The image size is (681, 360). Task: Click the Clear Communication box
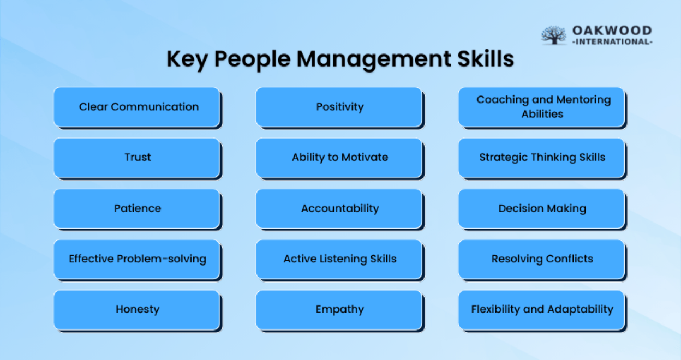tap(137, 107)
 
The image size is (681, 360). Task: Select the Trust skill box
tap(137, 158)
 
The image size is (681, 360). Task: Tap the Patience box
tap(137, 209)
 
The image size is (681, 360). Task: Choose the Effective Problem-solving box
tap(137, 260)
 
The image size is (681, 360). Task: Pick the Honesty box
tap(137, 310)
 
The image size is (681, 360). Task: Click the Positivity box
tap(339, 107)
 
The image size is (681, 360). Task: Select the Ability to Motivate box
tap(339, 158)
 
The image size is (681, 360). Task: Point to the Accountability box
tap(339, 209)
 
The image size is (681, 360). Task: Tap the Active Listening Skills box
tap(339, 260)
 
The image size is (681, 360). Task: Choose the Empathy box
tap(339, 310)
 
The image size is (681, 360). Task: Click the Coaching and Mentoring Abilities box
tap(542, 107)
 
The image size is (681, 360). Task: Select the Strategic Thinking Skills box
tap(542, 158)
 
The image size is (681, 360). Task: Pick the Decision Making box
tap(542, 209)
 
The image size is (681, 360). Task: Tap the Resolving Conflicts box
tap(542, 260)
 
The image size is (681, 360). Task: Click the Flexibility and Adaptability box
tap(542, 310)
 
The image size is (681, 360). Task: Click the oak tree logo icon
tap(554, 35)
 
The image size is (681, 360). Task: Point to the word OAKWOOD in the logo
tap(612, 31)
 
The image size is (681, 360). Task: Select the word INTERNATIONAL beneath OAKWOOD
tap(612, 41)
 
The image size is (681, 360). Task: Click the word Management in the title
tap(374, 59)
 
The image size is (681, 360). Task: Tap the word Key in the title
tap(187, 59)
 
